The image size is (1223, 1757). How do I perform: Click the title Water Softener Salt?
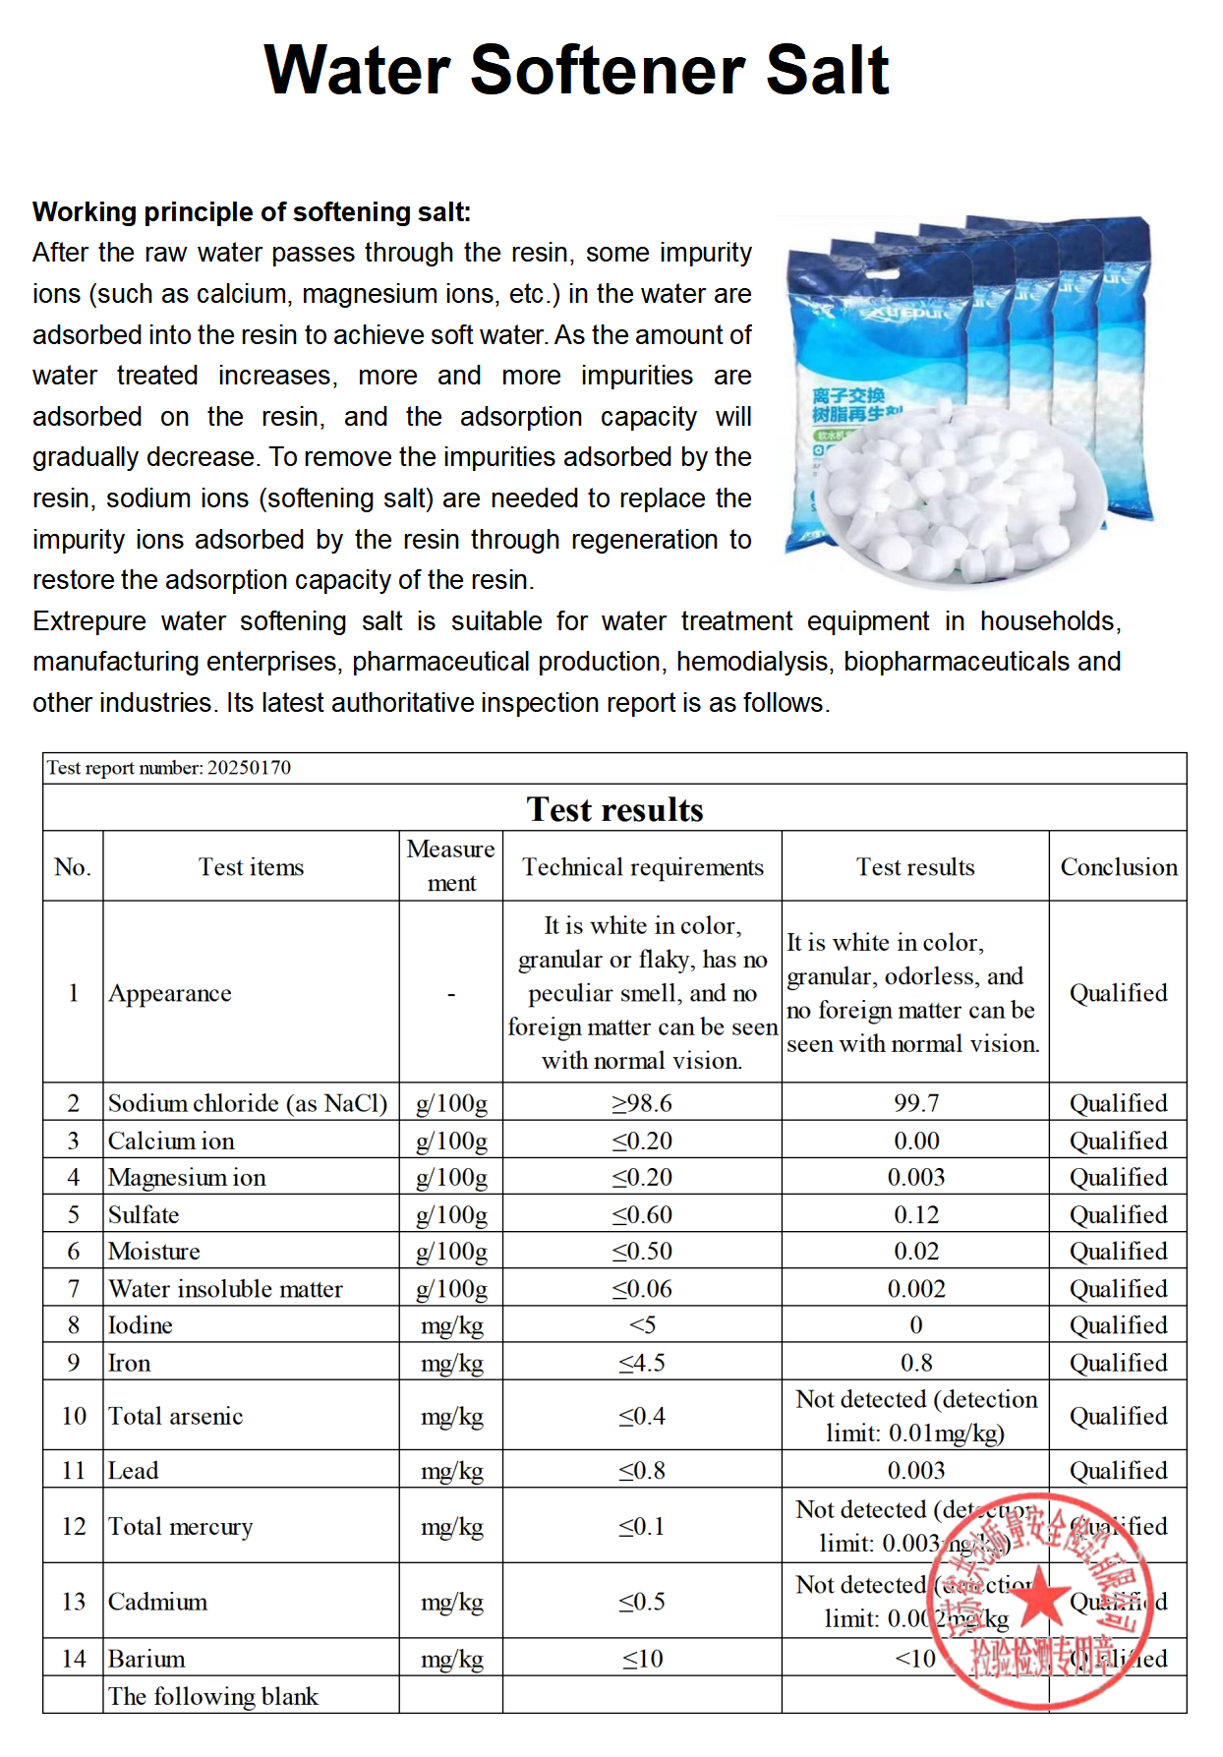coord(576,71)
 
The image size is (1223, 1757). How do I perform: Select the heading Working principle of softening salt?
coord(252,212)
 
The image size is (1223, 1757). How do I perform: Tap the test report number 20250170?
coord(169,768)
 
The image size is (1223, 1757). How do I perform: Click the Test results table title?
coord(614,809)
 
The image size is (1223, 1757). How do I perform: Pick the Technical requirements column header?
coord(642,867)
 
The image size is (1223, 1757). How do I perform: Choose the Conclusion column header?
coord(1118,867)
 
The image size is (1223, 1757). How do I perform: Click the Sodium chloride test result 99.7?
coord(915,1103)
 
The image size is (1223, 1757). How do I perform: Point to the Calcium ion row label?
coord(171,1141)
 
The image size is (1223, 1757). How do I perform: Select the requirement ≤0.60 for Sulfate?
coord(642,1215)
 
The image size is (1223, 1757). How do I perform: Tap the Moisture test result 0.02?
coord(915,1252)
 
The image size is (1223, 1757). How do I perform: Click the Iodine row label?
coord(141,1325)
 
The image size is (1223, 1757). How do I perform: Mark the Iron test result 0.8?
coord(915,1363)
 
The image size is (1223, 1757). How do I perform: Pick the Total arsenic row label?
coord(175,1416)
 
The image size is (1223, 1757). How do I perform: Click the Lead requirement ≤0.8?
coord(642,1471)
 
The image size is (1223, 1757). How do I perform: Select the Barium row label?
coord(146,1659)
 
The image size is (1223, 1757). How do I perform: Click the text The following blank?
coord(213,1696)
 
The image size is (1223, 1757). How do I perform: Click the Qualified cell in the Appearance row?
coord(1118,993)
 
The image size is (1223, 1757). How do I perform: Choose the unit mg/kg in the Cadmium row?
coord(451,1602)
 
